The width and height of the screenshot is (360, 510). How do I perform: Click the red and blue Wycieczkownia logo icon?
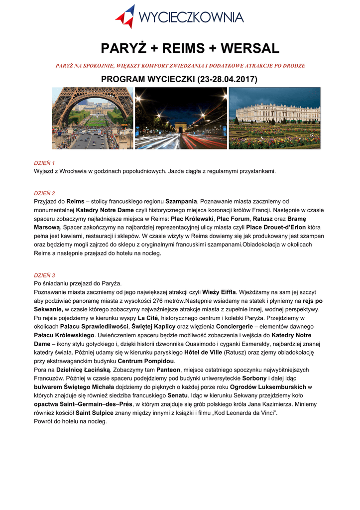[125, 16]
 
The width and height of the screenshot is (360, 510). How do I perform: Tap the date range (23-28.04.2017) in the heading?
[228, 79]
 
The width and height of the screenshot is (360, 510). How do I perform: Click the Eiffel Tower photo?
[93, 118]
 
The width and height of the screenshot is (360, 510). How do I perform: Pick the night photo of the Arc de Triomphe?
[181, 118]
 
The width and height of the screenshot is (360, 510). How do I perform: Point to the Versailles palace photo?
[274, 118]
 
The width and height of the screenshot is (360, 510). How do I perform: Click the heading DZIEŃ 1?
[44, 163]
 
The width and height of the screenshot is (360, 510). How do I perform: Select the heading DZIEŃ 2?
[44, 193]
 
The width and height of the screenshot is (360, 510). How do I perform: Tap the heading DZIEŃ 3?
[44, 275]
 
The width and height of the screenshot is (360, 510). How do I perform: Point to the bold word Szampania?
[182, 201]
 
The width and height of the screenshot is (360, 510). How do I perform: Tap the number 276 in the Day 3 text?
[158, 300]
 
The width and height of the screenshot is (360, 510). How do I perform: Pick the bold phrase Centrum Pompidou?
[146, 361]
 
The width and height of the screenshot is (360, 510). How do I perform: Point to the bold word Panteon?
[168, 370]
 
